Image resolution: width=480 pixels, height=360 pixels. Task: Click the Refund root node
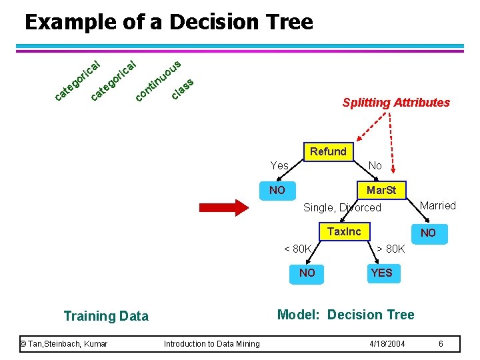coord(327,151)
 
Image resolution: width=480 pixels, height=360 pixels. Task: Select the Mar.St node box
coord(381,190)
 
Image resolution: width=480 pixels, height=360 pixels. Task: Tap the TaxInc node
coord(344,231)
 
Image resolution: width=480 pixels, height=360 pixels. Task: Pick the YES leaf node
coord(381,273)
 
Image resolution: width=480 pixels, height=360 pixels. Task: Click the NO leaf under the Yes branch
coord(277,190)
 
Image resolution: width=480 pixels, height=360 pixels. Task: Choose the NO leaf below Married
coord(428,233)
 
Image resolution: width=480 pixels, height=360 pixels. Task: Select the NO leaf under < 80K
coord(307,273)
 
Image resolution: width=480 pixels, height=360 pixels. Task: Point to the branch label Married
coord(437,205)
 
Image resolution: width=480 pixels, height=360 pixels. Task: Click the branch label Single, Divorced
coord(342,207)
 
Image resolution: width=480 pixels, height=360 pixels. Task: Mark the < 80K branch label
coord(298,249)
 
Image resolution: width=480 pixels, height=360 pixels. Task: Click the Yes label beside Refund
coord(279,165)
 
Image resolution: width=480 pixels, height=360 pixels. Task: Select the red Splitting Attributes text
coord(396,103)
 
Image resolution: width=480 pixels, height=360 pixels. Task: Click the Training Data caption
coord(106,316)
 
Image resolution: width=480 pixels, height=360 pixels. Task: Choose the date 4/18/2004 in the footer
coord(387,344)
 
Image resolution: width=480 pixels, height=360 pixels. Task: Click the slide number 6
coord(441,344)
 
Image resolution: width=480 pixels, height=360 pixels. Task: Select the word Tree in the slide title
coord(287,23)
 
